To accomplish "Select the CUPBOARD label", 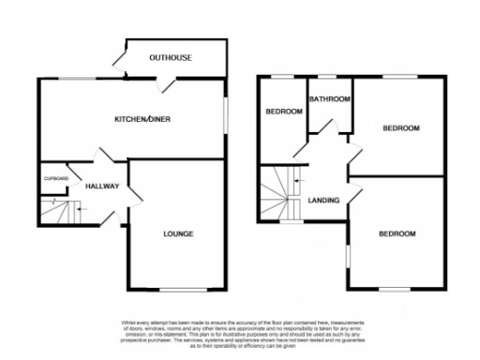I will pos(55,177).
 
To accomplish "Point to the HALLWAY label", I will pos(101,187).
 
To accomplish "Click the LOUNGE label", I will pos(177,233).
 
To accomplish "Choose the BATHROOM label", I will pos(330,99).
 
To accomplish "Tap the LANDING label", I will pos(323,199).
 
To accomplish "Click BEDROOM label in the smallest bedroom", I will pos(284,112).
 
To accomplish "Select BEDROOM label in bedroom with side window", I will pos(396,233).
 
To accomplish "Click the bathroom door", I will pos(346,140).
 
